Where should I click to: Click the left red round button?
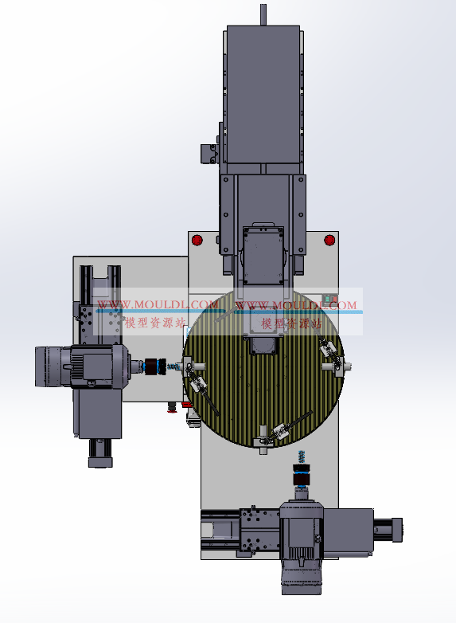tap(197, 240)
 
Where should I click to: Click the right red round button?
tap(329, 240)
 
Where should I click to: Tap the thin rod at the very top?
tap(263, 15)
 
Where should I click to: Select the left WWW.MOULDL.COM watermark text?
tap(158, 305)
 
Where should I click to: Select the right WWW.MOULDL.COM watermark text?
tap(296, 305)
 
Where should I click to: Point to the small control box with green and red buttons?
tap(330, 300)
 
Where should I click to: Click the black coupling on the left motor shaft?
tap(152, 366)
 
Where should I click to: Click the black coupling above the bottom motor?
tap(302, 476)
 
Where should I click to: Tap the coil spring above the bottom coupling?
tap(302, 456)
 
